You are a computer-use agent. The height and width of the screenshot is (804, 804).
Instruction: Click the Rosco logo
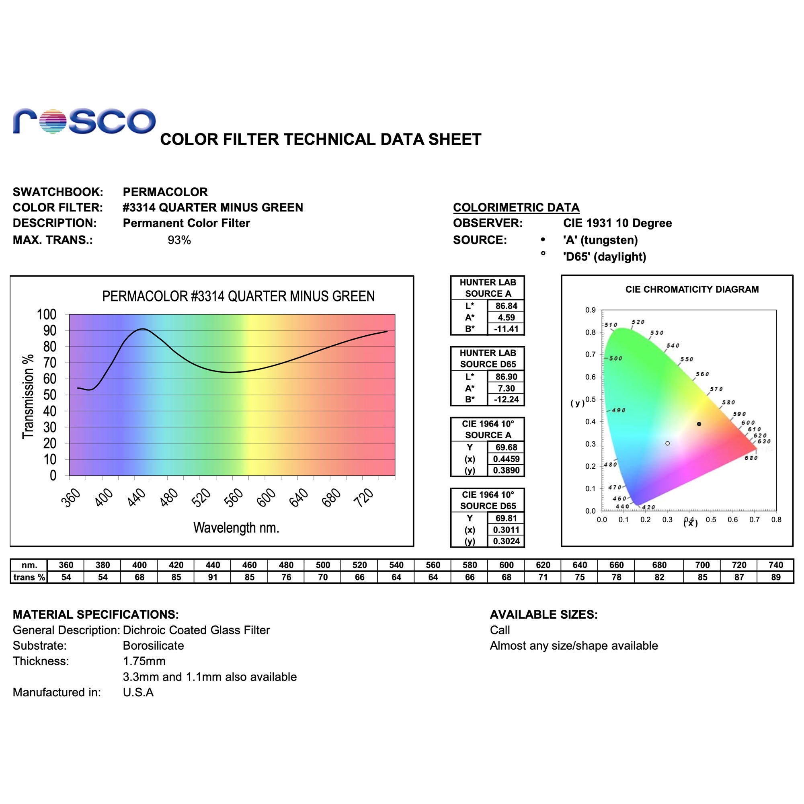point(84,121)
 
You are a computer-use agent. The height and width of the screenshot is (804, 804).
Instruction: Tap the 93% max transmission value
point(179,240)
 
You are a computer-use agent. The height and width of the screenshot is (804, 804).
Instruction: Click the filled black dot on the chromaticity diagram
point(699,424)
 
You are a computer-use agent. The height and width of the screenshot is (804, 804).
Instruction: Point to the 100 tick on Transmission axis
point(47,315)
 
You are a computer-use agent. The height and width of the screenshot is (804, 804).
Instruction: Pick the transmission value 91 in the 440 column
point(213,577)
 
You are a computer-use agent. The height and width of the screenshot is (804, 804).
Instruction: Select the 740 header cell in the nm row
point(776,565)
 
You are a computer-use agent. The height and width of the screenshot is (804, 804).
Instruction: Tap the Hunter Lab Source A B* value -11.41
point(506,329)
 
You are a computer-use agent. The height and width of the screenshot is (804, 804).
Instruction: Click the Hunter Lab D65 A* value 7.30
point(506,388)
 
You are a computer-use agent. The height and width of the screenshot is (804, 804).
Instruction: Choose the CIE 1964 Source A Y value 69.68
point(506,447)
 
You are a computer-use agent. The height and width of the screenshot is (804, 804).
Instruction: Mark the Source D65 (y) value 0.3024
point(506,541)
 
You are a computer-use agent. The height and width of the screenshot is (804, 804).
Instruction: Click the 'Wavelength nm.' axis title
point(236,528)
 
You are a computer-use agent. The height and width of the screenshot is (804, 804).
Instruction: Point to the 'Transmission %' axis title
point(28,396)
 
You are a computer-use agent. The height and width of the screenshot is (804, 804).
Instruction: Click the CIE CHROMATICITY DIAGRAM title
point(691,289)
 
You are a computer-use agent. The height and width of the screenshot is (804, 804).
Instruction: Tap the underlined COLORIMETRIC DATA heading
point(516,207)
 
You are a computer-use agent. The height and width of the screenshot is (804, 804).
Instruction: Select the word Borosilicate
point(153,646)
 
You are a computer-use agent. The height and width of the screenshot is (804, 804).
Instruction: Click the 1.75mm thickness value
point(144,661)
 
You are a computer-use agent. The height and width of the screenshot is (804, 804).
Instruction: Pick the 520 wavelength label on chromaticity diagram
point(638,322)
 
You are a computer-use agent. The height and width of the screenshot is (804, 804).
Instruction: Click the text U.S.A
point(138,692)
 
